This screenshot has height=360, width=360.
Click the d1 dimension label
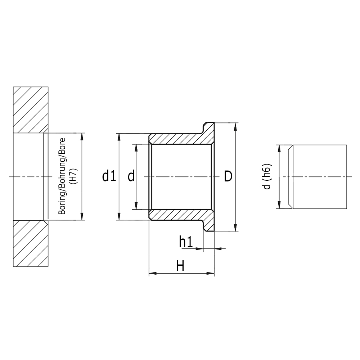click(x=109, y=176)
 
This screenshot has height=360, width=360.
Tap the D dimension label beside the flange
click(x=228, y=176)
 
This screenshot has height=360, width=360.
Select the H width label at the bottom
click(x=180, y=267)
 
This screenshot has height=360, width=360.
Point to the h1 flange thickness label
click(x=186, y=242)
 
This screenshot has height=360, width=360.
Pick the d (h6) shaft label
click(x=267, y=176)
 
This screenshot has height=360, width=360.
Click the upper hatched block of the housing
click(x=31, y=110)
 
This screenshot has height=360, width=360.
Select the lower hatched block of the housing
click(x=31, y=244)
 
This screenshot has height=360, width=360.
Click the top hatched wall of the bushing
click(x=176, y=139)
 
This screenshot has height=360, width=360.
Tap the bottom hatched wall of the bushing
click(x=176, y=215)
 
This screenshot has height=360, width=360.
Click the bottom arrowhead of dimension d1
click(x=119, y=217)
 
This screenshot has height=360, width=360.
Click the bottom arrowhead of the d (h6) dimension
click(x=279, y=206)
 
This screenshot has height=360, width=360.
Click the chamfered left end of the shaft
click(x=291, y=177)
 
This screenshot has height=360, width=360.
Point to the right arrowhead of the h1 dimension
click(x=217, y=248)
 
